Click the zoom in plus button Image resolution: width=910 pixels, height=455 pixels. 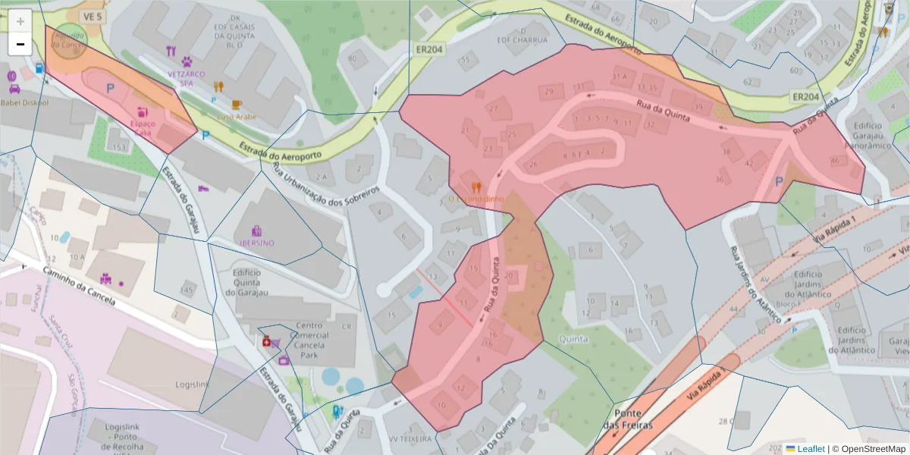20,20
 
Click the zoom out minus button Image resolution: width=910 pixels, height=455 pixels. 20,44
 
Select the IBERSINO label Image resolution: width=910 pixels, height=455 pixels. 257,243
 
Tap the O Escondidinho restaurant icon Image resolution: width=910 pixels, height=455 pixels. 476,187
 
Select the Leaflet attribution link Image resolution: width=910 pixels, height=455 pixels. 811,449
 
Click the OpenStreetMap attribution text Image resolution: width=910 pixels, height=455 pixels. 871,449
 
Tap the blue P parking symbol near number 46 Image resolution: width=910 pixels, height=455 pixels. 779,182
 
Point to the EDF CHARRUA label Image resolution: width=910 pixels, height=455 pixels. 522,39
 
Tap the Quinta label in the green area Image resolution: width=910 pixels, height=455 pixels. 572,339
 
